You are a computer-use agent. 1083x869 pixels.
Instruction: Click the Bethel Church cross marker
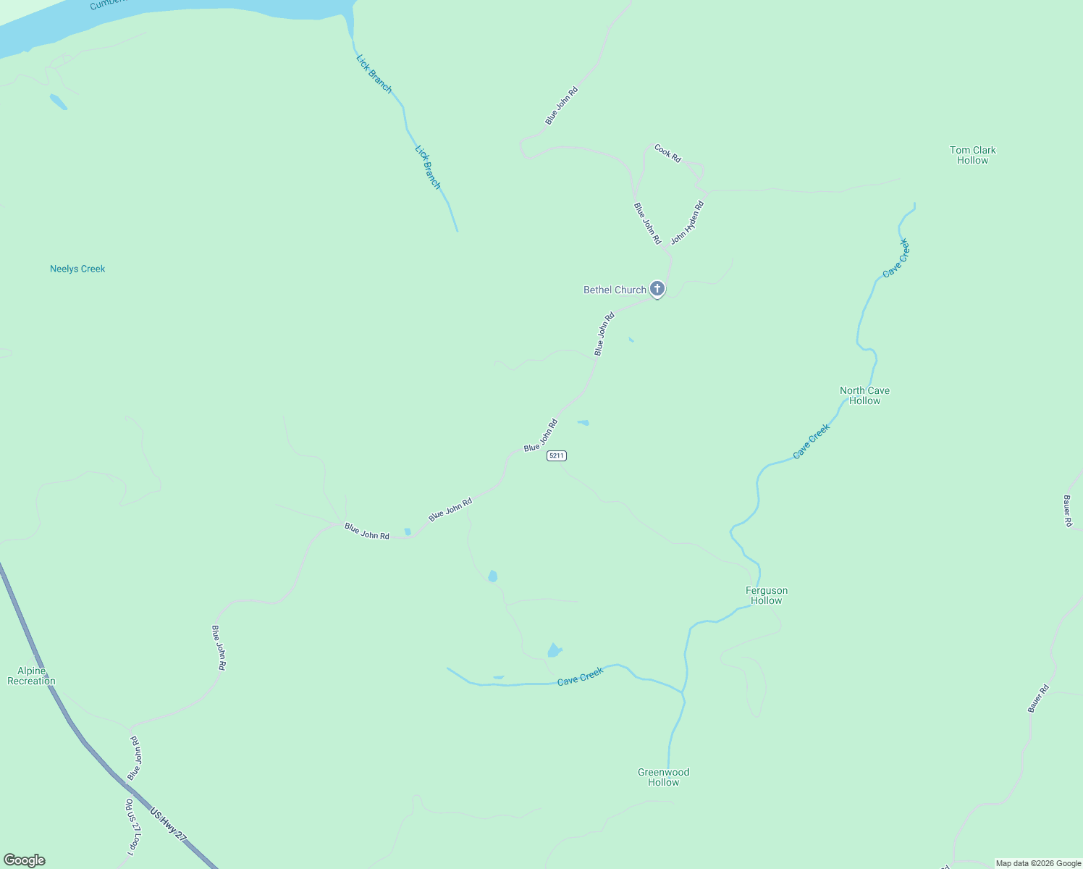[657, 289]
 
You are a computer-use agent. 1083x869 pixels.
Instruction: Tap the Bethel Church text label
[615, 290]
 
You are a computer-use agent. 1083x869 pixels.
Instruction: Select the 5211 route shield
[556, 456]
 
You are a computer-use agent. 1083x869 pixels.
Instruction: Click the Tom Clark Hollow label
[972, 155]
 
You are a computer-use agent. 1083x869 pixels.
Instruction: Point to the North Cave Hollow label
[864, 395]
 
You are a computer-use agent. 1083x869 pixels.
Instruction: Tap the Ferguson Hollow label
[766, 595]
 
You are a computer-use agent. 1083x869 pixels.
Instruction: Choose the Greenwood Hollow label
[663, 777]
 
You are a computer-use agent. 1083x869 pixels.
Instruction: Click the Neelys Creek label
[77, 269]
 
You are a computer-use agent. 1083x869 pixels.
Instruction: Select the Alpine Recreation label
[31, 676]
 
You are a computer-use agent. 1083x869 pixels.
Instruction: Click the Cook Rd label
[667, 153]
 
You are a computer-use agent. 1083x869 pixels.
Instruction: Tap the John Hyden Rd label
[686, 222]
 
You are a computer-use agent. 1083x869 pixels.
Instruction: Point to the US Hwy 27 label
[168, 824]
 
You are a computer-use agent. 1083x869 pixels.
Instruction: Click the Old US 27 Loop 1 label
[132, 826]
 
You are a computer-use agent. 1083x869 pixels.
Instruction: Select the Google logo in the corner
[25, 860]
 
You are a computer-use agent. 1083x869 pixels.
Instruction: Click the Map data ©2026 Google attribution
[1038, 863]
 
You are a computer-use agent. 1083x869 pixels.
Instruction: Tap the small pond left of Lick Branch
[58, 101]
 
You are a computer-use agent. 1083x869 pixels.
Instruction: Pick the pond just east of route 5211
[583, 422]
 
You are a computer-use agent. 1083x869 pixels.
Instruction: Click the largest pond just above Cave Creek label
[554, 650]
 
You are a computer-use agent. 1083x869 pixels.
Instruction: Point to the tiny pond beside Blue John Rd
[408, 532]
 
